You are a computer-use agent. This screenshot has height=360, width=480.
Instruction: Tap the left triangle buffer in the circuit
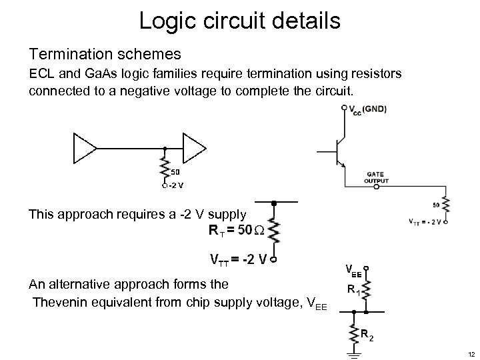[83, 148]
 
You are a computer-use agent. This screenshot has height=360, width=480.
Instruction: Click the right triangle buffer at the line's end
[194, 148]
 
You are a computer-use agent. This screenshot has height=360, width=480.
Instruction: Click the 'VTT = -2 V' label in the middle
[238, 259]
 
